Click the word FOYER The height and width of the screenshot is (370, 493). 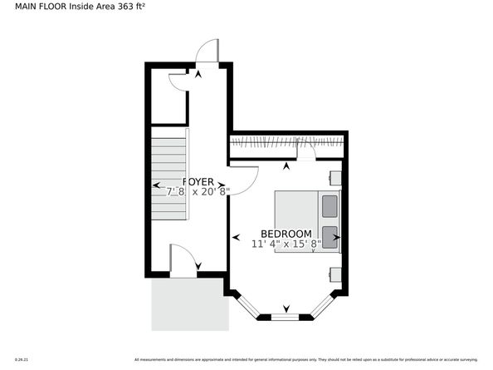(198, 181)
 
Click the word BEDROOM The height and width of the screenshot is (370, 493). (286, 234)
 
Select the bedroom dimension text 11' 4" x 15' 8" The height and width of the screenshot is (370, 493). (286, 244)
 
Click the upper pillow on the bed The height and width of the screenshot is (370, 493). (329, 205)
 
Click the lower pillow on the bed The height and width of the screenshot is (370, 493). (329, 235)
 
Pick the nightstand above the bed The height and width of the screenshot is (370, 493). (335, 177)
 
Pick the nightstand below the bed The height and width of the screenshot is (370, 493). (335, 272)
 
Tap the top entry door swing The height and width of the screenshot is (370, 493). (207, 52)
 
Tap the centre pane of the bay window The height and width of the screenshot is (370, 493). (286, 316)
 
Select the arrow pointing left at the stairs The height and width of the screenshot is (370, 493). (155, 185)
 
